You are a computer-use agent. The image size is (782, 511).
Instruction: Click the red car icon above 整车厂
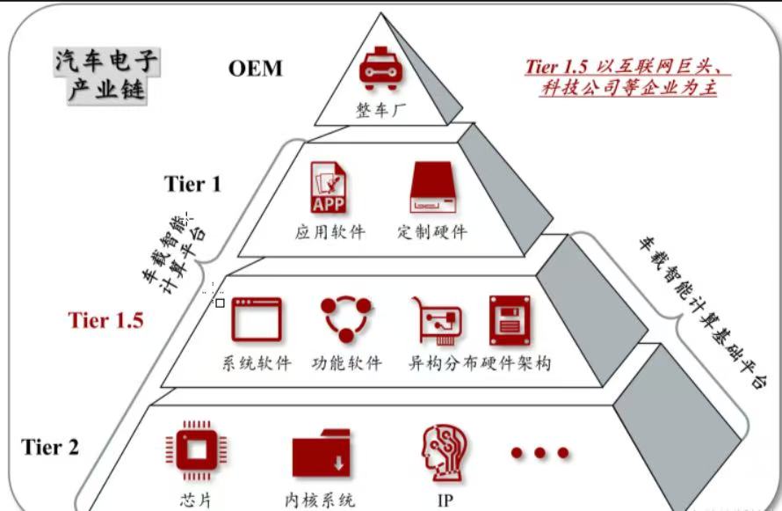coord(379,70)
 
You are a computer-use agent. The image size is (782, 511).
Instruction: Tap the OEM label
coord(256,69)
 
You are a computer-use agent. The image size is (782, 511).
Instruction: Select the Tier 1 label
coord(192,184)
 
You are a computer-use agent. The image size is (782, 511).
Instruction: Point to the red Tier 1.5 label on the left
coord(105,320)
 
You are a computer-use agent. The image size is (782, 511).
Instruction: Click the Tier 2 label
coord(50,447)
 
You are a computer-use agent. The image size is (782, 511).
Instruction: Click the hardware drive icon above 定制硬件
coord(431,187)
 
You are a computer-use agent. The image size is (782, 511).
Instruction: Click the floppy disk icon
coord(510,318)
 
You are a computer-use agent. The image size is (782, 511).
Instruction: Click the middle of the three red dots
coord(539,452)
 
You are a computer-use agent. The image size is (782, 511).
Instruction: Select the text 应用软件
coord(329,233)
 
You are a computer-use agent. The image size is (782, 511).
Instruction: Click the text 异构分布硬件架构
coord(480,362)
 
